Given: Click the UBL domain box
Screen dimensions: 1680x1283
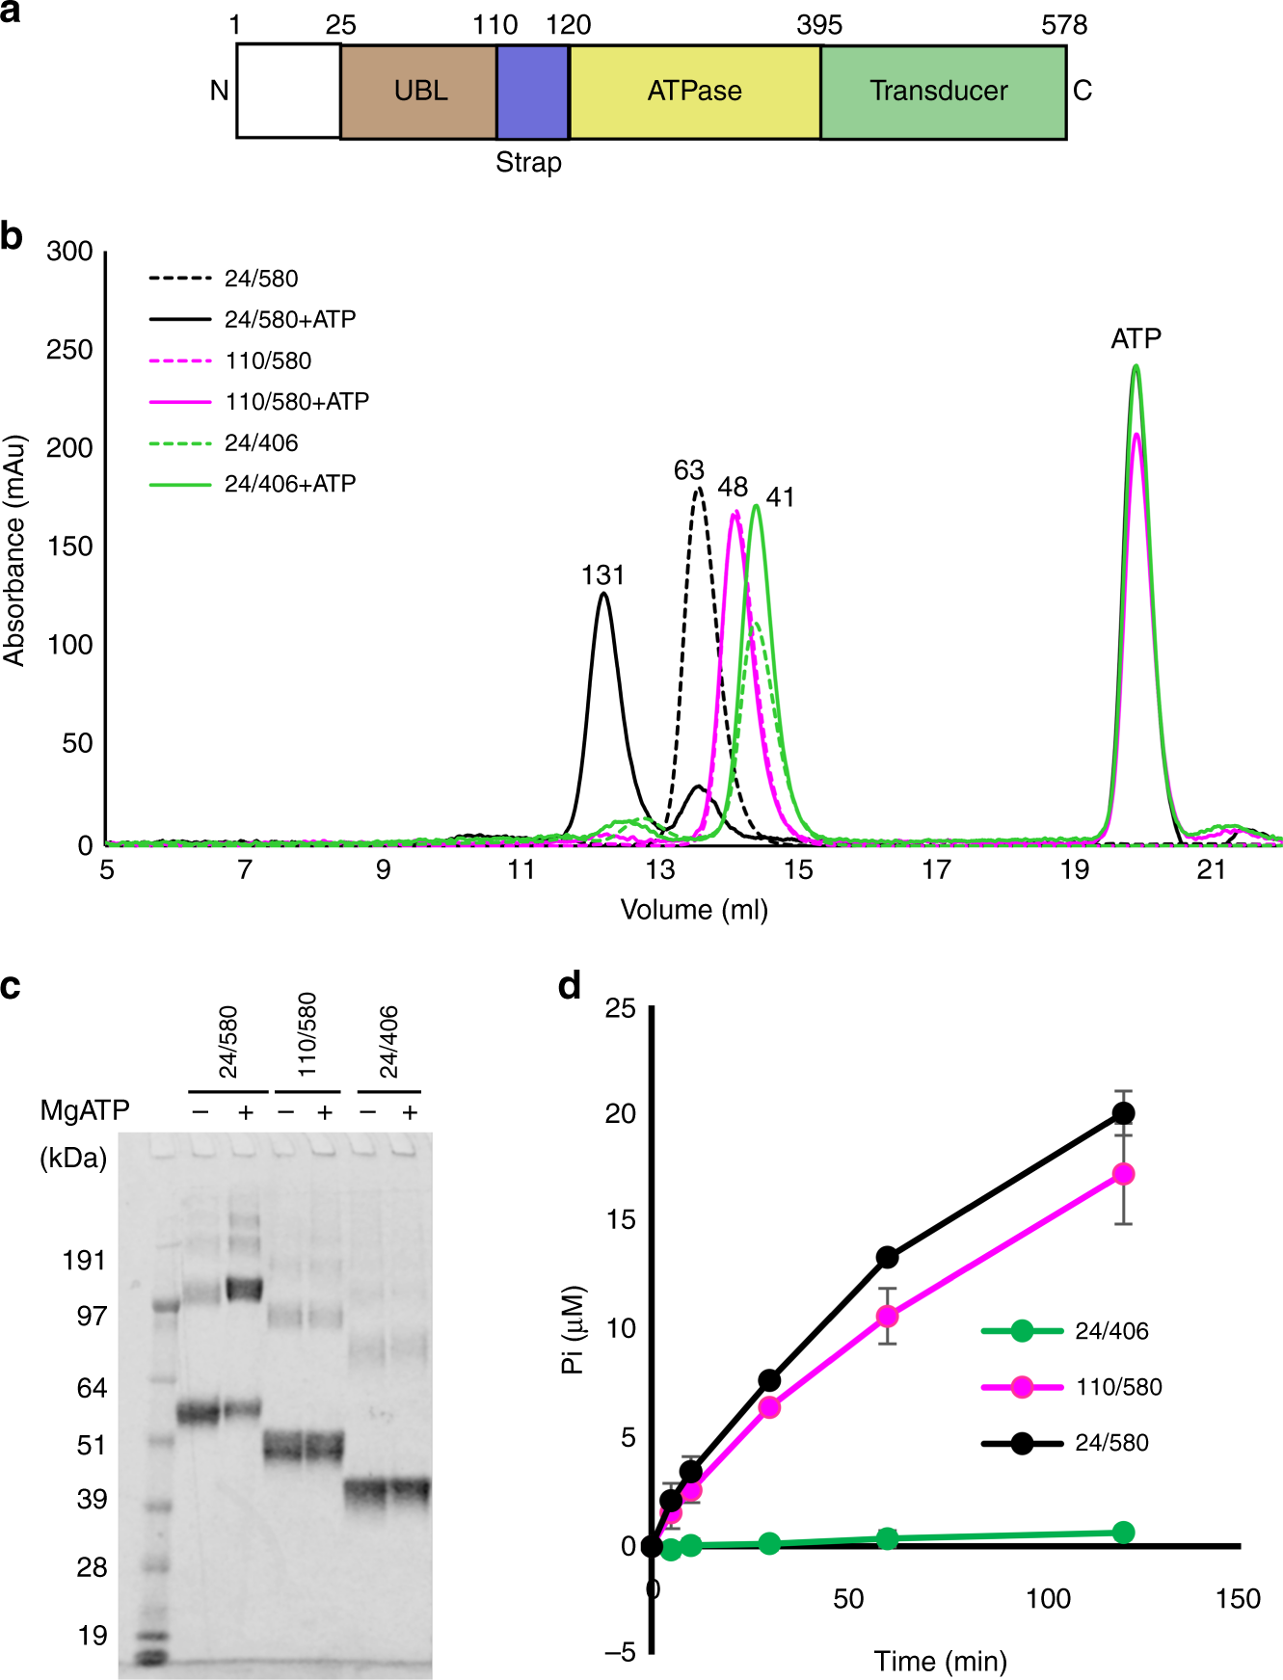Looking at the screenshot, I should click(419, 91).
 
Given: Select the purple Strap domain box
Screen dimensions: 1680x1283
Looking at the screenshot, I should click(532, 91).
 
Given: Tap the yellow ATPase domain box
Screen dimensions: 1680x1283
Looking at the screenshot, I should click(694, 91).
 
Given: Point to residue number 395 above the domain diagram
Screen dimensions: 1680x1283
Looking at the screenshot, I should click(818, 25).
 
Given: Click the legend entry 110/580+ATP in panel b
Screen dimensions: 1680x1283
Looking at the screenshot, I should click(296, 401).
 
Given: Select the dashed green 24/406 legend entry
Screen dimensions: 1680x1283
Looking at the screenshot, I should click(260, 442).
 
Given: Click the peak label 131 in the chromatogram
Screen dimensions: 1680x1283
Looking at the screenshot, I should click(602, 575).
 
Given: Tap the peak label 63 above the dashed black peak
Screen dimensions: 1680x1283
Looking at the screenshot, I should click(688, 470).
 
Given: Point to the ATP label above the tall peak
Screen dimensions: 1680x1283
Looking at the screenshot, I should click(1136, 338).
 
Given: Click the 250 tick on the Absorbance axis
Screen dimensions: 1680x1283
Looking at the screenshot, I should click(69, 350).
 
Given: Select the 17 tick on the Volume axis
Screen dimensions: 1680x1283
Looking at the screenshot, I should click(936, 870).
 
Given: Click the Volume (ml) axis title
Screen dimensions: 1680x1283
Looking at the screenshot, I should click(694, 910).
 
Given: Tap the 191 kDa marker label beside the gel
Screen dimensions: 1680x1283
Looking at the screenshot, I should click(84, 1260).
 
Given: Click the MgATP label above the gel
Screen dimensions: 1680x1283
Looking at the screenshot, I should click(85, 1110).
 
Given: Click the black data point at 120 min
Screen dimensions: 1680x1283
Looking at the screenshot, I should click(1123, 1113).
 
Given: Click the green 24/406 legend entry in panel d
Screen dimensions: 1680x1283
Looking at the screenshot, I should click(1110, 1331).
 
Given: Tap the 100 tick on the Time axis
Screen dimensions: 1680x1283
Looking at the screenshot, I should click(1048, 1599).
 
